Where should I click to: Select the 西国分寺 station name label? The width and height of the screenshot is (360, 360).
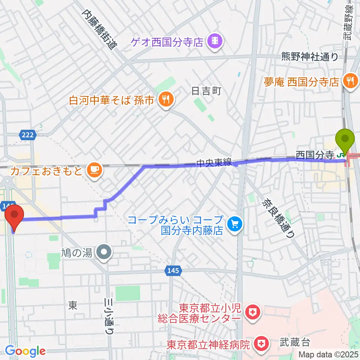314,154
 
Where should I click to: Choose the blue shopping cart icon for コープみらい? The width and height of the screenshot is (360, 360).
235,224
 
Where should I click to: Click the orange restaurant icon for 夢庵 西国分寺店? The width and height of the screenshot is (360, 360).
351,80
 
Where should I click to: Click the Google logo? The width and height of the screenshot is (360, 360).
25,351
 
